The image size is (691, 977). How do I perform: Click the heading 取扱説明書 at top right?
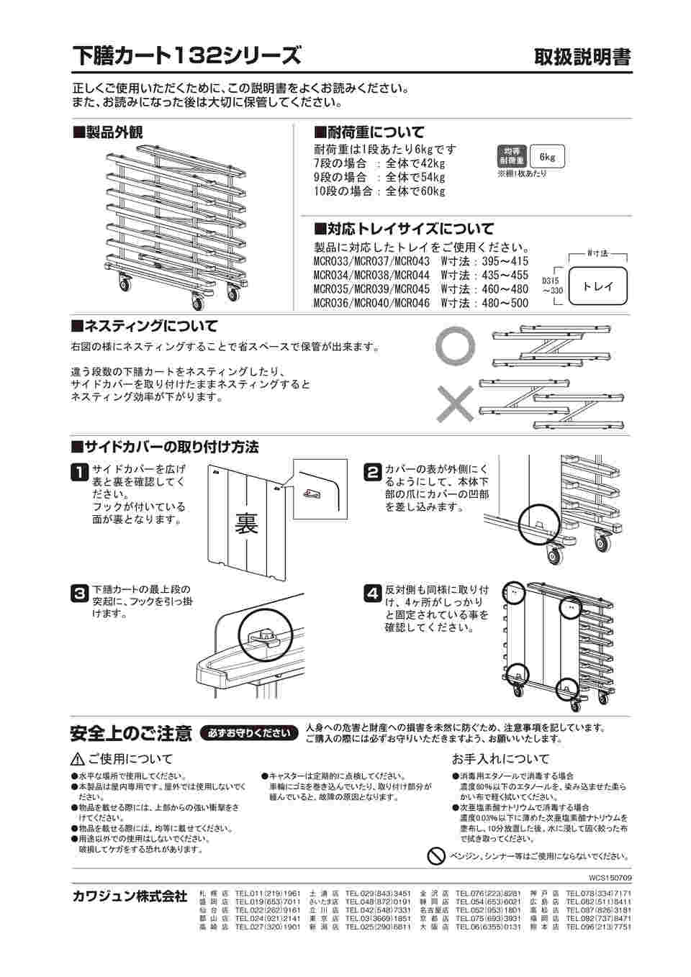[x=582, y=57]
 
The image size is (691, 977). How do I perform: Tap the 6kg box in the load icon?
[x=547, y=157]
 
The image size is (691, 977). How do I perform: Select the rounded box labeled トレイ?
[x=598, y=286]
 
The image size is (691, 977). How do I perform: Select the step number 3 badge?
[x=79, y=594]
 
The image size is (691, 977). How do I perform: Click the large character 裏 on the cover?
[x=246, y=523]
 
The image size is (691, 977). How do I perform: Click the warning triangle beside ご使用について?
[x=78, y=759]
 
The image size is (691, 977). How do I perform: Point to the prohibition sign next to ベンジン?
[x=435, y=855]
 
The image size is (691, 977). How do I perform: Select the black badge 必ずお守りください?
[x=249, y=733]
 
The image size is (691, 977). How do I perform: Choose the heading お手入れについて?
[x=500, y=759]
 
